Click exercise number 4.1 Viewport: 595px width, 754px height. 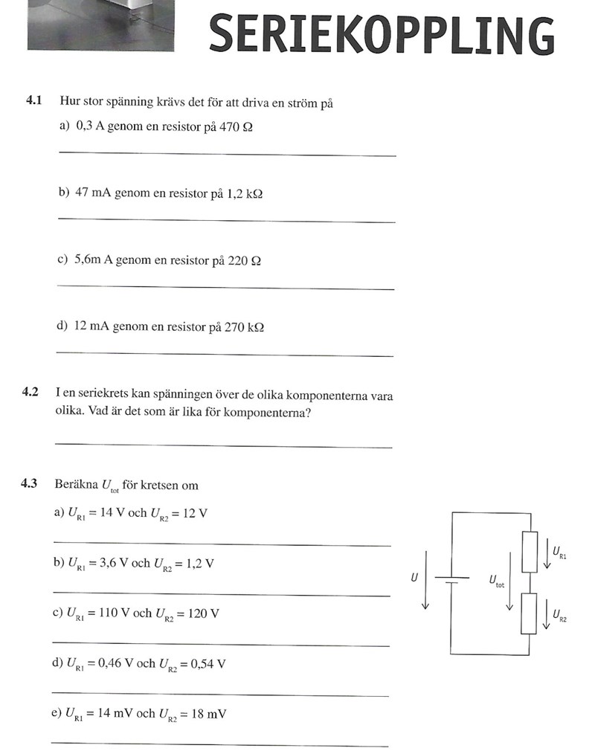(x=34, y=103)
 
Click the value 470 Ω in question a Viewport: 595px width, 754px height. (x=236, y=126)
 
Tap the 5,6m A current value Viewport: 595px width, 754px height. (x=100, y=260)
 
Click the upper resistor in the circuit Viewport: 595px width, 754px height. (x=529, y=551)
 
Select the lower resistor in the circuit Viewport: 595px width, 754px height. (x=529, y=613)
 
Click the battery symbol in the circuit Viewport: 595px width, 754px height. (x=451, y=579)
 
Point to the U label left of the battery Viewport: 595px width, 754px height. (x=414, y=576)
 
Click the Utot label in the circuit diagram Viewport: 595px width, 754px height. (x=495, y=580)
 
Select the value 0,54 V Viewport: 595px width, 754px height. (x=208, y=664)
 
